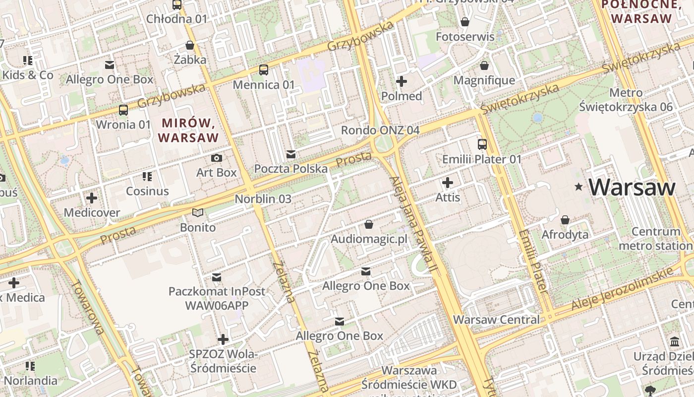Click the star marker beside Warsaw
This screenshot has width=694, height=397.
click(x=578, y=187)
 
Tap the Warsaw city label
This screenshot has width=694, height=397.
click(x=632, y=187)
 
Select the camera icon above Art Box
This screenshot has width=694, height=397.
click(x=217, y=158)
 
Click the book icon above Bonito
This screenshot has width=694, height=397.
click(x=198, y=213)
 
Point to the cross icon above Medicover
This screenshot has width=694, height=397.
click(x=92, y=198)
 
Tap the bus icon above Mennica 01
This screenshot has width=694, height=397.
click(x=264, y=70)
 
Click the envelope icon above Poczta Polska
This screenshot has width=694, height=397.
click(x=291, y=154)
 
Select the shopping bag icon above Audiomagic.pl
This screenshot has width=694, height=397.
click(x=369, y=225)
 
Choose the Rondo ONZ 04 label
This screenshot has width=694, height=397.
click(x=380, y=130)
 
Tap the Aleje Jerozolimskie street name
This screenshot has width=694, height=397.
click(x=622, y=288)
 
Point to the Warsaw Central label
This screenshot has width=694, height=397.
click(x=496, y=320)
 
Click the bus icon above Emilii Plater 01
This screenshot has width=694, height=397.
click(x=482, y=144)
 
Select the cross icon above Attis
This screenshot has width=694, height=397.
click(x=448, y=183)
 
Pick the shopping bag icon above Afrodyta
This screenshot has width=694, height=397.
click(x=565, y=220)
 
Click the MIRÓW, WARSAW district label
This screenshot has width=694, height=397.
click(x=188, y=130)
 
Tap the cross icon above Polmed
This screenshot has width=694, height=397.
click(x=402, y=81)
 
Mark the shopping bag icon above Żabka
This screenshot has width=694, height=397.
click(x=190, y=45)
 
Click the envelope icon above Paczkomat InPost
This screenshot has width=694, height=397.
click(x=217, y=276)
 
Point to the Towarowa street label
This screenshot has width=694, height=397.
click(x=87, y=307)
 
